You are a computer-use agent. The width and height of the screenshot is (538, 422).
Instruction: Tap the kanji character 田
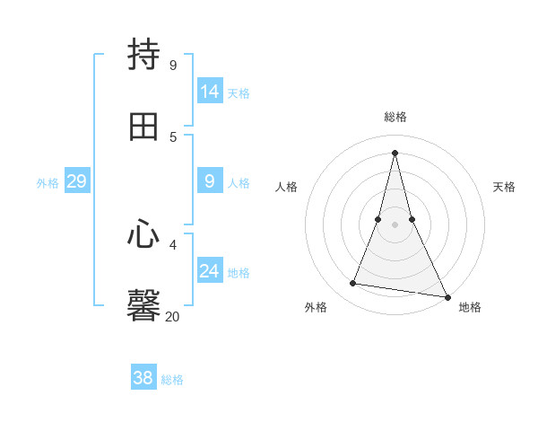click(x=143, y=127)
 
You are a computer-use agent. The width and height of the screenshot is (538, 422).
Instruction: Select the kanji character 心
click(x=143, y=236)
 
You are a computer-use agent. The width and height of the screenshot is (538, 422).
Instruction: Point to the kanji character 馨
click(x=143, y=304)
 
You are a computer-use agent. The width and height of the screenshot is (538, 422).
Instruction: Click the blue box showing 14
click(x=210, y=91)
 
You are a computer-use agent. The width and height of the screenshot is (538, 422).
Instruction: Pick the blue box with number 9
click(x=210, y=181)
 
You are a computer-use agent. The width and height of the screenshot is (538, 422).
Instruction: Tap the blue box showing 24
click(x=210, y=271)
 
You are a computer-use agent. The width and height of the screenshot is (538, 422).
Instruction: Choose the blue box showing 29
click(x=76, y=181)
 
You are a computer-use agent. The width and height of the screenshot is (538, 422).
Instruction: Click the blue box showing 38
click(x=143, y=378)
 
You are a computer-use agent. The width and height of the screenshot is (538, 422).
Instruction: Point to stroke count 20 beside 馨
click(x=172, y=316)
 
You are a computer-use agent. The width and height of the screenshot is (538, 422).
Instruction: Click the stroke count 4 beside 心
click(x=173, y=244)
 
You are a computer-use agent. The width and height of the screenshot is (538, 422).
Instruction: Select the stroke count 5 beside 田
click(x=173, y=136)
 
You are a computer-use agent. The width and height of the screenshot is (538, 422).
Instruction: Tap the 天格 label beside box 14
click(x=239, y=92)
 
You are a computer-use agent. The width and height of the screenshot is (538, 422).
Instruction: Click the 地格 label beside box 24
click(x=239, y=273)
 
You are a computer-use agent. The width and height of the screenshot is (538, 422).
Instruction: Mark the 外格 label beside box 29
click(x=48, y=183)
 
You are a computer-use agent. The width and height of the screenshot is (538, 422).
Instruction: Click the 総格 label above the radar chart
click(x=395, y=117)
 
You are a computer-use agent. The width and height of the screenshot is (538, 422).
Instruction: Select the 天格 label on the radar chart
click(x=504, y=187)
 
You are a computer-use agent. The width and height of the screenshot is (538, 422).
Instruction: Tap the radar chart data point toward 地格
click(x=447, y=296)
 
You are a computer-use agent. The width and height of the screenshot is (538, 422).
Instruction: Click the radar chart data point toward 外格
click(x=352, y=284)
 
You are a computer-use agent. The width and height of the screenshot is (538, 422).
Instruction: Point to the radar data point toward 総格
click(x=395, y=153)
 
